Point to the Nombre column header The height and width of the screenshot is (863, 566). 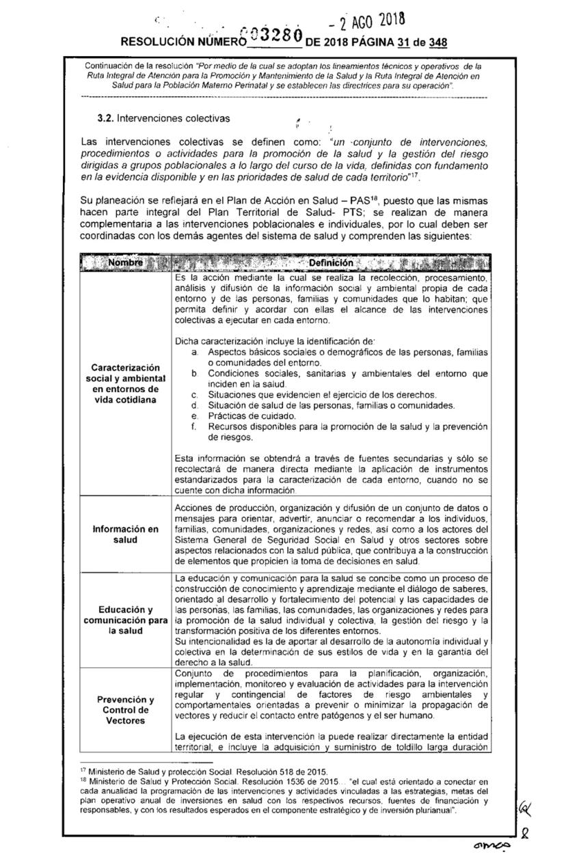coord(124,263)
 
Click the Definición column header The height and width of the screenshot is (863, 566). coord(331,263)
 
